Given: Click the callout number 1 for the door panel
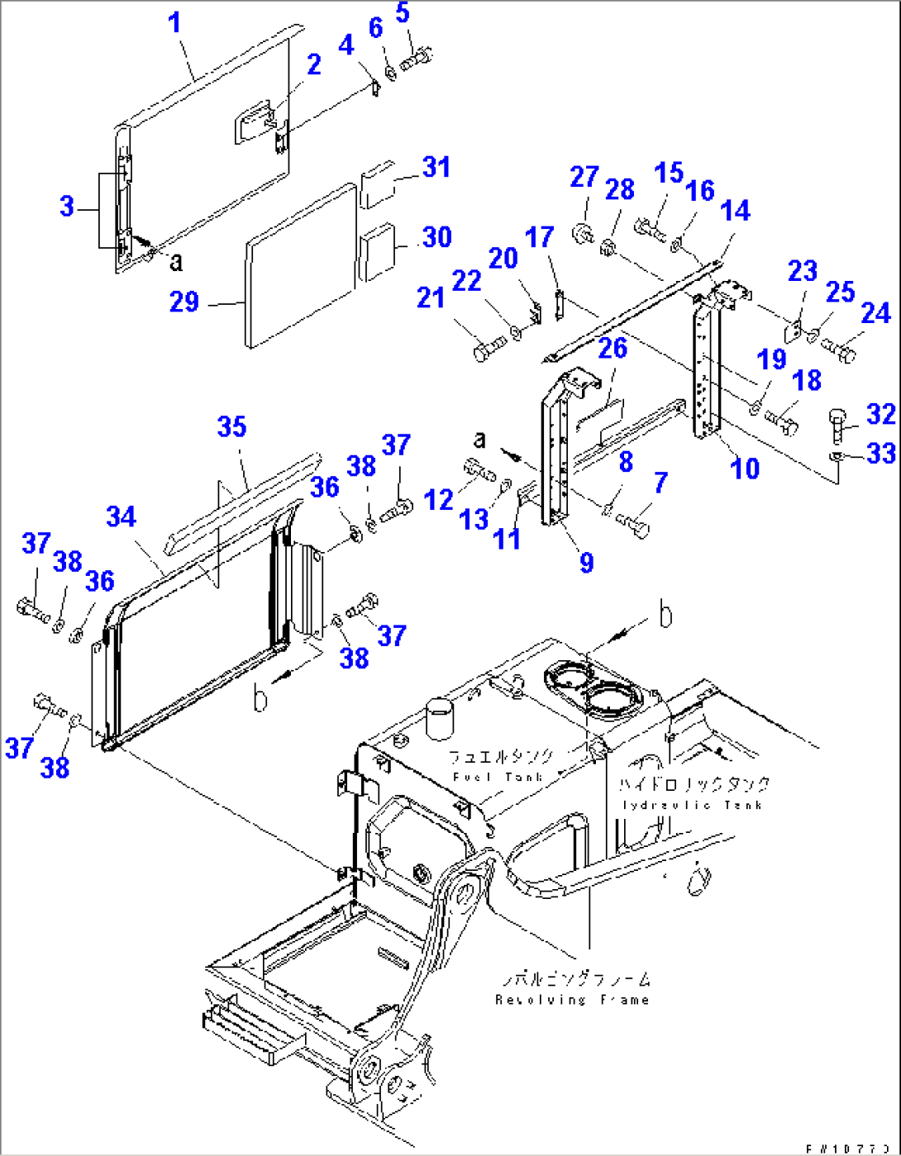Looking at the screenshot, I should [174, 22].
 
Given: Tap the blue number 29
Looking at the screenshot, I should [184, 302].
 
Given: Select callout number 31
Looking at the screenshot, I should [436, 167].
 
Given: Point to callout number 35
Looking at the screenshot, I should [231, 427].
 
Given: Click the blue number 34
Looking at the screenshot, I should [121, 517].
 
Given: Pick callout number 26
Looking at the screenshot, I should [613, 348].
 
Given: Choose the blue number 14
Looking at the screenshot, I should [735, 211].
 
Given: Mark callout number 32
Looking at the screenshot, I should [881, 414].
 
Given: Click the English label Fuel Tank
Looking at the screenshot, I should [498, 777].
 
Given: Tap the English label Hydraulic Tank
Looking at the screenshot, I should [692, 805].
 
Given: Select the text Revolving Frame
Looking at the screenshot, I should [572, 1000].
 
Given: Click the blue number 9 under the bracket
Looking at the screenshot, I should [586, 563].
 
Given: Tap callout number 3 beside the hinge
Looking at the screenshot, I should [67, 206].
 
